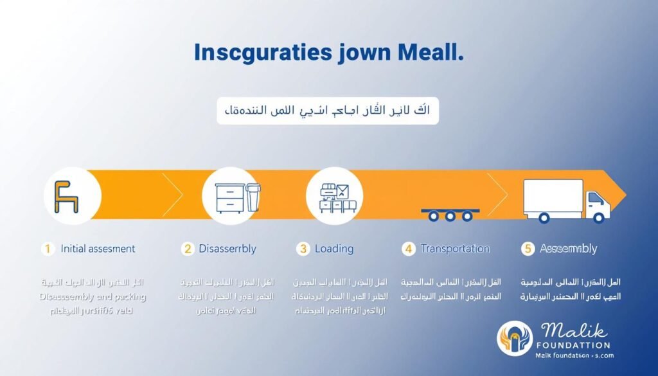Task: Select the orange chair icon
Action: pyautogui.click(x=66, y=196)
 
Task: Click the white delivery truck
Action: pyautogui.click(x=565, y=201)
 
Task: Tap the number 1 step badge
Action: pyautogui.click(x=47, y=249)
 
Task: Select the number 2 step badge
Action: pyautogui.click(x=188, y=249)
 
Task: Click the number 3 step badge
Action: pyautogui.click(x=303, y=249)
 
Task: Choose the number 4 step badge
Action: pyautogui.click(x=409, y=249)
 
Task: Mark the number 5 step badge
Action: pyautogui.click(x=528, y=249)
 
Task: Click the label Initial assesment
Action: pyautogui.click(x=98, y=249)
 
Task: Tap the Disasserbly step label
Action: pyautogui.click(x=227, y=249)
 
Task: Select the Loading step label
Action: pyautogui.click(x=333, y=249)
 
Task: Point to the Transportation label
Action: pyautogui.click(x=455, y=249)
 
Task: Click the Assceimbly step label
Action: pyautogui.click(x=568, y=249)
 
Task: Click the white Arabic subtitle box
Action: pyautogui.click(x=328, y=111)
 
